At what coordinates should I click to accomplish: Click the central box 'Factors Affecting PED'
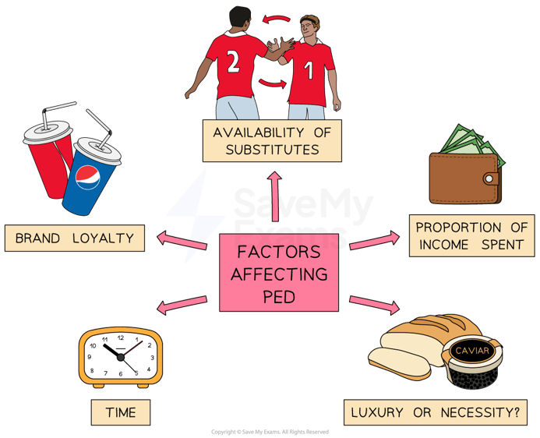(279, 273)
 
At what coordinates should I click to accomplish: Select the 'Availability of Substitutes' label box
(271, 140)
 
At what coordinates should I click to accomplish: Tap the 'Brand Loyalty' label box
(74, 238)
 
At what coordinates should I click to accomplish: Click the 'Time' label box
(120, 412)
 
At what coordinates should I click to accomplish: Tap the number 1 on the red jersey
(309, 70)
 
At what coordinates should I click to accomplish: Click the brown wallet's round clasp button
(489, 178)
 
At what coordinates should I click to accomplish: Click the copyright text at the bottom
(270, 431)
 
